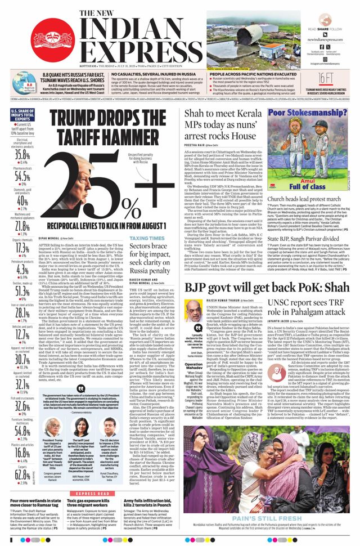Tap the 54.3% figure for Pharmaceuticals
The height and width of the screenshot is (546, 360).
click(22, 176)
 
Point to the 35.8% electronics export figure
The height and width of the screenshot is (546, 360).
click(22, 154)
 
